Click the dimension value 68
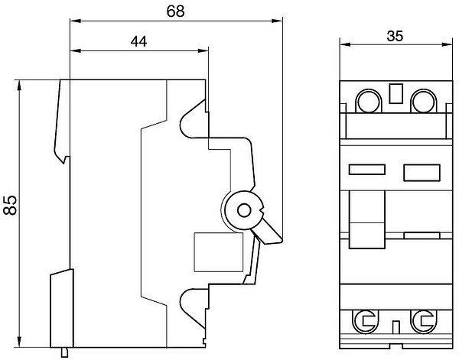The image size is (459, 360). click(176, 11)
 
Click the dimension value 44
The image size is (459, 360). click(138, 42)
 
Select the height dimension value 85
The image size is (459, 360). click(11, 205)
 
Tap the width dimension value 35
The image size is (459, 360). click(395, 36)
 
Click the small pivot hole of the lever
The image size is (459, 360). click(244, 210)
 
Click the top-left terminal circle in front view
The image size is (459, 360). click(369, 101)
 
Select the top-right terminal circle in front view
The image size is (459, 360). click(424, 101)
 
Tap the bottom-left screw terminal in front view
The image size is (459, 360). click(365, 321)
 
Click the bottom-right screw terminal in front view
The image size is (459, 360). click(423, 321)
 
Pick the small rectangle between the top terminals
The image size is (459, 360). click(396, 93)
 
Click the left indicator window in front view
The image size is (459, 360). click(366, 170)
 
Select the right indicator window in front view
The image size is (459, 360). click(422, 173)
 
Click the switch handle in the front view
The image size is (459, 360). click(366, 219)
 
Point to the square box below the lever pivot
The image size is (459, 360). click(218, 252)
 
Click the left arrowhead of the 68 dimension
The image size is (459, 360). click(75, 21)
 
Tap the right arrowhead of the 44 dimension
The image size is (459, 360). click(203, 50)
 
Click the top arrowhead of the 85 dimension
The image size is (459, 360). click(20, 85)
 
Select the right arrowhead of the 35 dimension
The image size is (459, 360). click(448, 44)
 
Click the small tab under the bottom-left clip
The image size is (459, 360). click(65, 352)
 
